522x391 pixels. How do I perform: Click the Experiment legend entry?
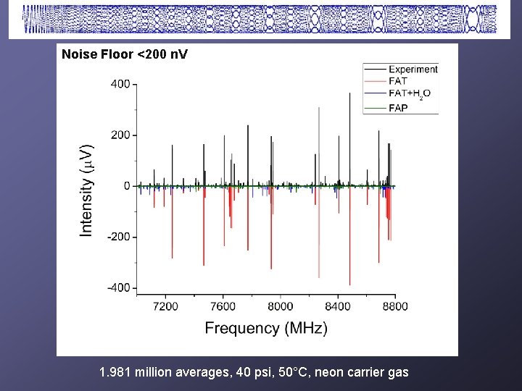[413, 70]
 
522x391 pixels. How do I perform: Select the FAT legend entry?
[397, 81]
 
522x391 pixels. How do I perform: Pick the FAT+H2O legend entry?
[407, 94]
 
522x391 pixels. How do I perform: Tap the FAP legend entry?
[398, 108]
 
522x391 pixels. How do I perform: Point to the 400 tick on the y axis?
[120, 84]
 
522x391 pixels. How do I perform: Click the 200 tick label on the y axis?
[120, 135]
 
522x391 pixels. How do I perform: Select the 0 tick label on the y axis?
[126, 186]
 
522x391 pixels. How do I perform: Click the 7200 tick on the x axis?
[165, 306]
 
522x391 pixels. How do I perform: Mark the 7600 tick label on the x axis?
[223, 306]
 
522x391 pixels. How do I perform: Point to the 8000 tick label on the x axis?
[280, 306]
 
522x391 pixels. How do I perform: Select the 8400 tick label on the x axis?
[337, 306]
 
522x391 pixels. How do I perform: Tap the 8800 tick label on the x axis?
[394, 306]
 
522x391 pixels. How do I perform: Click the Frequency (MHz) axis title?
[266, 329]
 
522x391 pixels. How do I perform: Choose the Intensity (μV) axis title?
[86, 189]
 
